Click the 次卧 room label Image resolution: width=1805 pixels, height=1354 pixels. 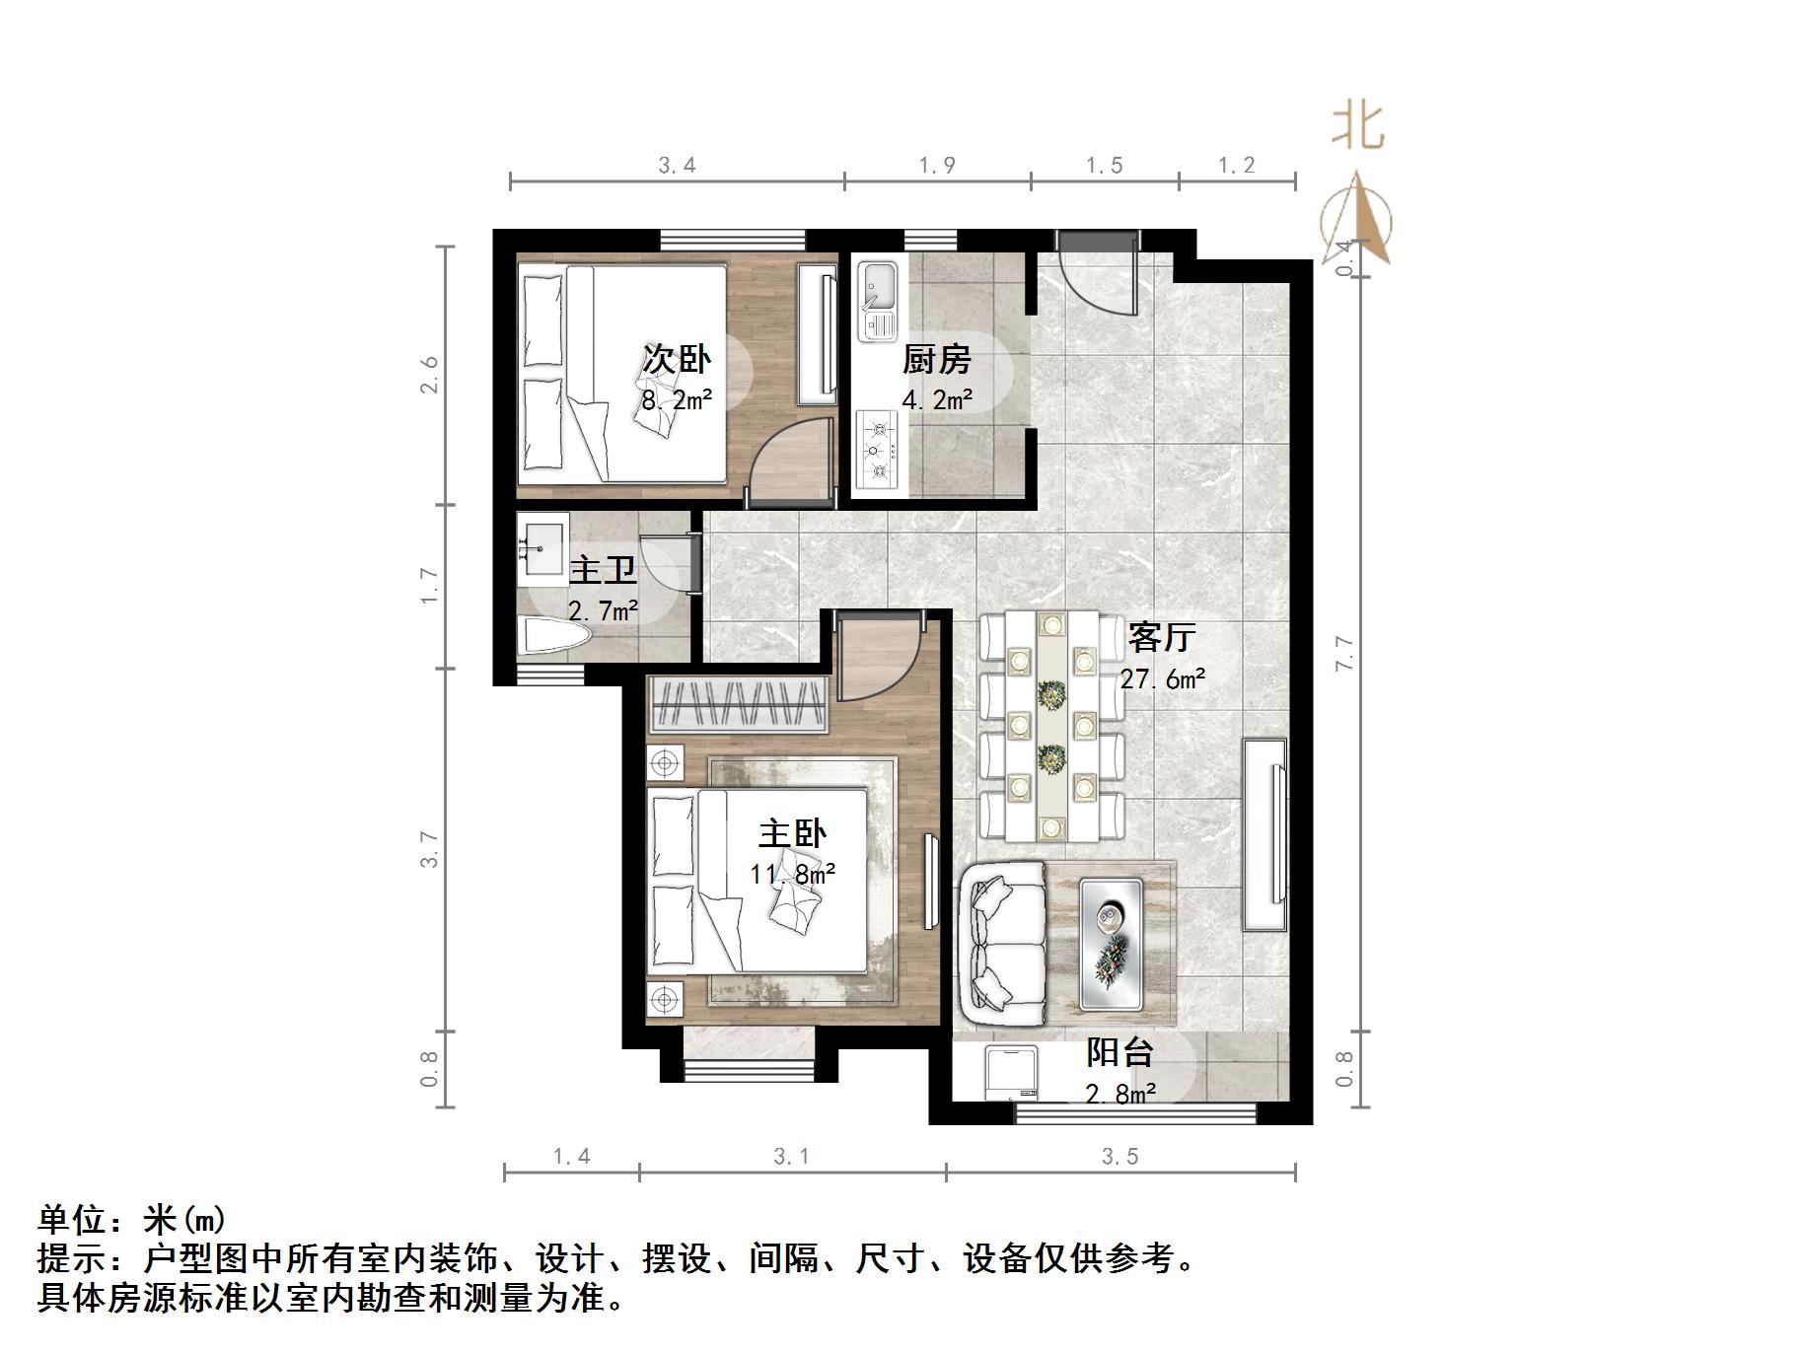[677, 359]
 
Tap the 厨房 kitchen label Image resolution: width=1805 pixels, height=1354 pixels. [936, 359]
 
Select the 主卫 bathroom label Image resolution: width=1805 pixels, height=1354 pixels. [603, 571]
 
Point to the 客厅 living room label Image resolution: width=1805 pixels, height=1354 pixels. [1162, 637]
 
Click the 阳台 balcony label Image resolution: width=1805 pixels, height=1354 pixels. [1119, 1052]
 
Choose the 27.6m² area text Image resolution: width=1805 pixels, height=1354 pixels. [1163, 678]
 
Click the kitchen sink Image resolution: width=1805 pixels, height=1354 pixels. [877, 301]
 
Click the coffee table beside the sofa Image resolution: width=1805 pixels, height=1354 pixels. [1111, 944]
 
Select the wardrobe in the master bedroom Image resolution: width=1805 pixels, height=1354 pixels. [737, 705]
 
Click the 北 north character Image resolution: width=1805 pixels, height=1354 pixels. [1357, 127]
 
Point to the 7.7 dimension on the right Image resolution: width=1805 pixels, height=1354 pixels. [1344, 653]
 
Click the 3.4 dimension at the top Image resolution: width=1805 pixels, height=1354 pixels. [677, 165]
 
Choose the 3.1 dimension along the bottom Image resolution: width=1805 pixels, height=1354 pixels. [791, 1156]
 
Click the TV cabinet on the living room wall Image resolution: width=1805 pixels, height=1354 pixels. [1264, 833]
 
